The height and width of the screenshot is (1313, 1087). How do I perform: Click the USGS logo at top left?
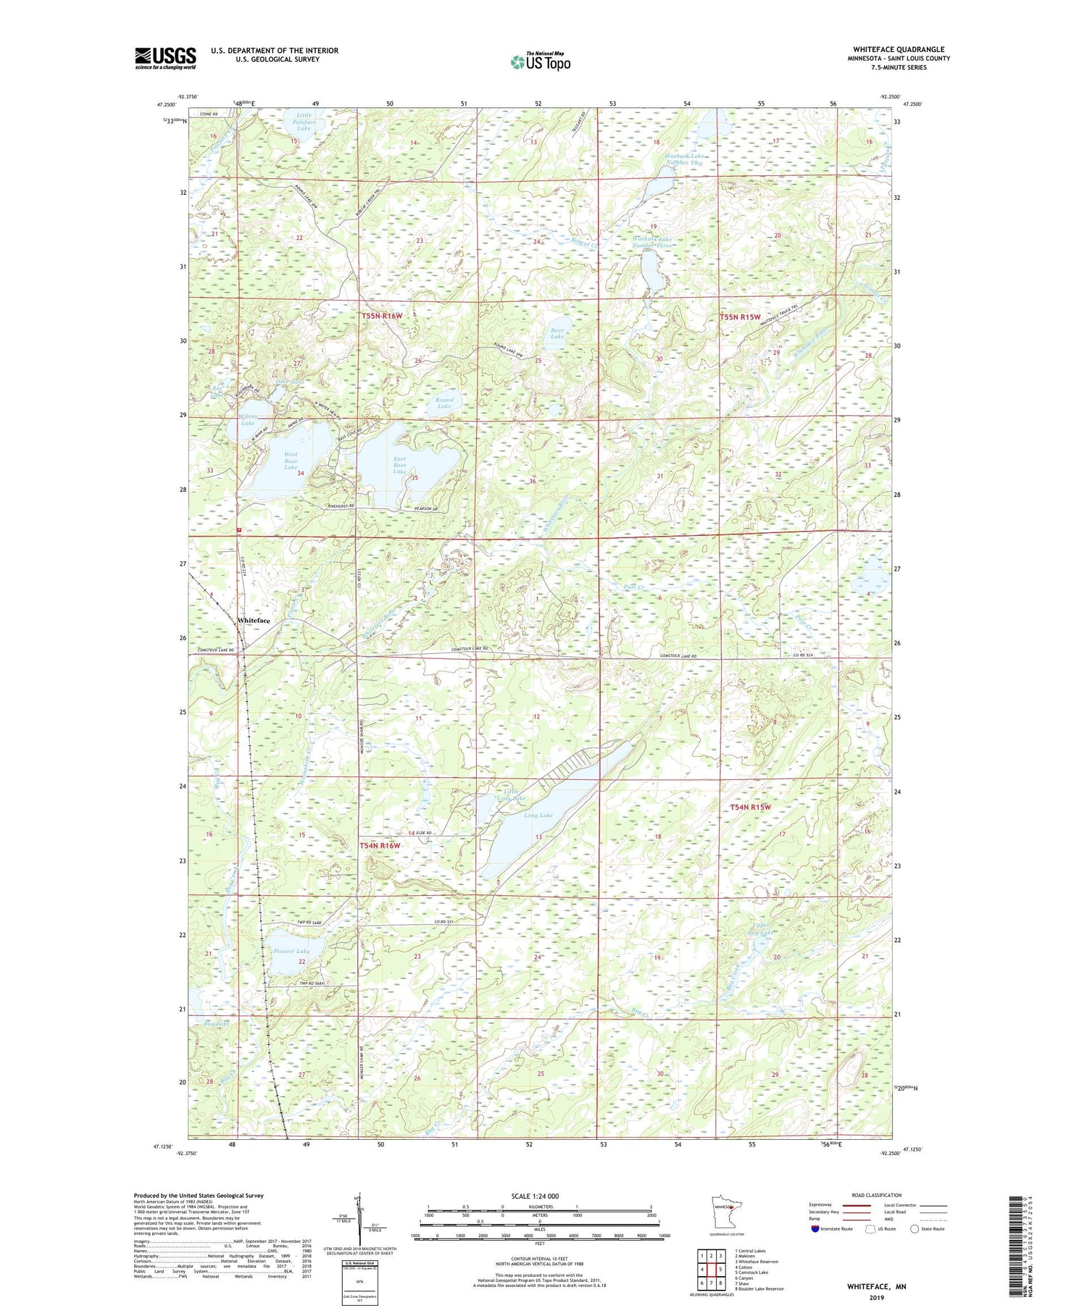165,58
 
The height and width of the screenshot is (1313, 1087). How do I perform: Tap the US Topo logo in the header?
540,62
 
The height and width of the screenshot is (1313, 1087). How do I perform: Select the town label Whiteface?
254,621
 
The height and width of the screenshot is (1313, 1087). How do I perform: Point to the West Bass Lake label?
291,461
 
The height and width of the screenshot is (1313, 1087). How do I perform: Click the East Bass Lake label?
400,464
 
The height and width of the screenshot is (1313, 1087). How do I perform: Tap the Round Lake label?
444,403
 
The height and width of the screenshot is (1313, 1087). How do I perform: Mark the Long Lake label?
538,815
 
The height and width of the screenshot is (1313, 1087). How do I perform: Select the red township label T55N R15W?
739,317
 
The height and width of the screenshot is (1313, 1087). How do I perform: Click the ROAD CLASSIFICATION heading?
876,1195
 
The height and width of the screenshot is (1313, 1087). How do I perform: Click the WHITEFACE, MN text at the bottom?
876,1286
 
